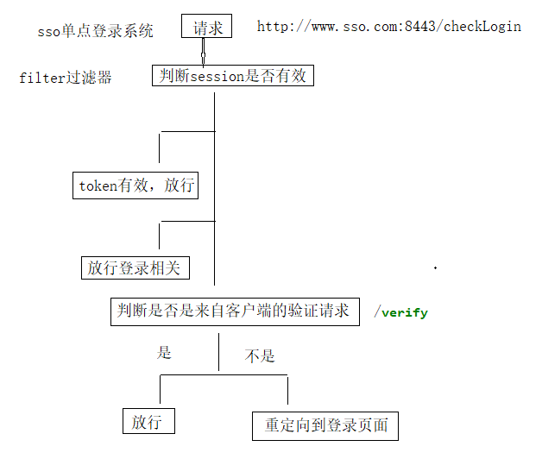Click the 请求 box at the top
tap(207, 28)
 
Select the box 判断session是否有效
tap(232, 76)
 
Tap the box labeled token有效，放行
tap(137, 185)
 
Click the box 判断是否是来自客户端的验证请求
tap(233, 311)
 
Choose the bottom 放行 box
tap(148, 422)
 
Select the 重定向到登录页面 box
tap(326, 425)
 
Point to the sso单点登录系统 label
tap(96, 31)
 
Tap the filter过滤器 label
tap(66, 78)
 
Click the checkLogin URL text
tap(388, 26)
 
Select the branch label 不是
tap(260, 355)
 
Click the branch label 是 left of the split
tap(164, 352)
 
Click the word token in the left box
tap(98, 185)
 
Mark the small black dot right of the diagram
tap(435, 268)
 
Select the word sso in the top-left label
tap(48, 31)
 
